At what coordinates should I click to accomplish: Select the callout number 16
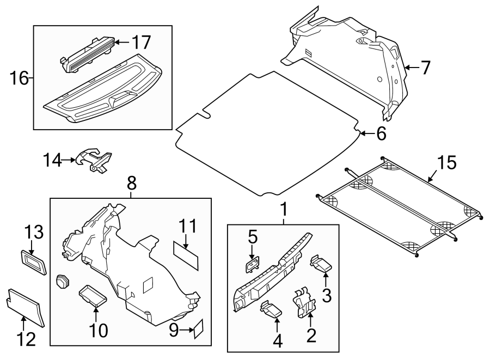19,78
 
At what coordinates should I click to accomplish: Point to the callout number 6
380,133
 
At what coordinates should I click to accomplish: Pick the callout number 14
53,160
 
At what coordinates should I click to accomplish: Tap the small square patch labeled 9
198,328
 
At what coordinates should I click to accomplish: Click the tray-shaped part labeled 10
93,295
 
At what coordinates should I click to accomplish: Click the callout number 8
131,184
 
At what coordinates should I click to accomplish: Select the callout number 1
283,209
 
